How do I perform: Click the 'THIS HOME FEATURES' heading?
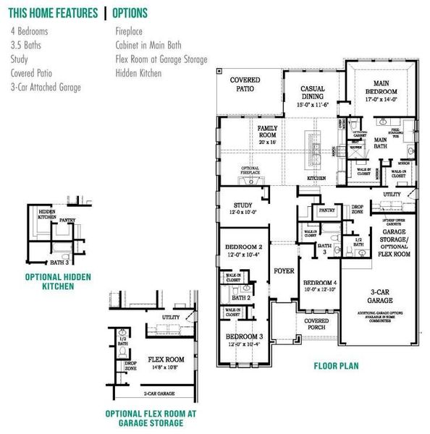click(53, 13)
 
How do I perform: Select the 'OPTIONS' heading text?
click(130, 13)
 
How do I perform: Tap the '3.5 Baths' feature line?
click(27, 46)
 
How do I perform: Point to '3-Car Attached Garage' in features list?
click(46, 87)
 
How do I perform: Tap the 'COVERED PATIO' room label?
click(245, 85)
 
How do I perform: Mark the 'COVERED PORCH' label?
click(316, 323)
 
